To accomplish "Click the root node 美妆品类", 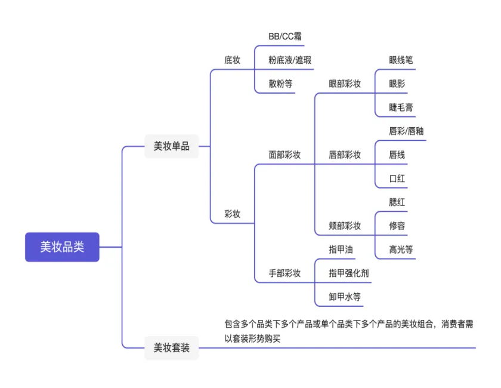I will [62, 247].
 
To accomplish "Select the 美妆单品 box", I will [171, 146].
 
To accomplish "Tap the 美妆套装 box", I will [171, 347].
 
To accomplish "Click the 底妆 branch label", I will [232, 60].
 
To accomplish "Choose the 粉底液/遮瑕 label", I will [290, 60].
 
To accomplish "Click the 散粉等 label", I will [280, 84].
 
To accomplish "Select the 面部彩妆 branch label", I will [284, 155].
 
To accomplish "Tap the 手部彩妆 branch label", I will [284, 273].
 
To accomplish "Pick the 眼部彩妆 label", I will [345, 84].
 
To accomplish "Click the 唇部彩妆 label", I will [345, 155].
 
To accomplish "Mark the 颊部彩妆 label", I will [345, 226].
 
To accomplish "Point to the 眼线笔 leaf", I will [401, 60].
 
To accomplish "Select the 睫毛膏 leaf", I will [401, 107].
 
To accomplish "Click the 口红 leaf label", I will [397, 178].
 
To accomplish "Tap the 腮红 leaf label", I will [397, 202].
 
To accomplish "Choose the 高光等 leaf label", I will [401, 250].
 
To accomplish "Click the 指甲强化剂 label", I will [349, 273].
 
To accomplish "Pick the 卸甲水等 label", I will [345, 297].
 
